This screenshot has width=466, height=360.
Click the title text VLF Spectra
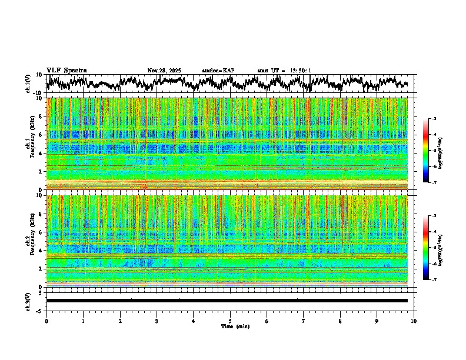pos(66,71)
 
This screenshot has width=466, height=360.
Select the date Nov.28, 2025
pos(164,71)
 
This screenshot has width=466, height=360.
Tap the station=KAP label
pos(218,71)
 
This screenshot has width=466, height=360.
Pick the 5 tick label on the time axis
pos(230,321)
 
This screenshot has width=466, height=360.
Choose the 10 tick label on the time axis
pos(414,321)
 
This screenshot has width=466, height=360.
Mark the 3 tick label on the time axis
pos(157,321)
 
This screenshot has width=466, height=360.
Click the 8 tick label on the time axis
pos(340,321)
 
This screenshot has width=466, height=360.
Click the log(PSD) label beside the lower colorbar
pos(440,248)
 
